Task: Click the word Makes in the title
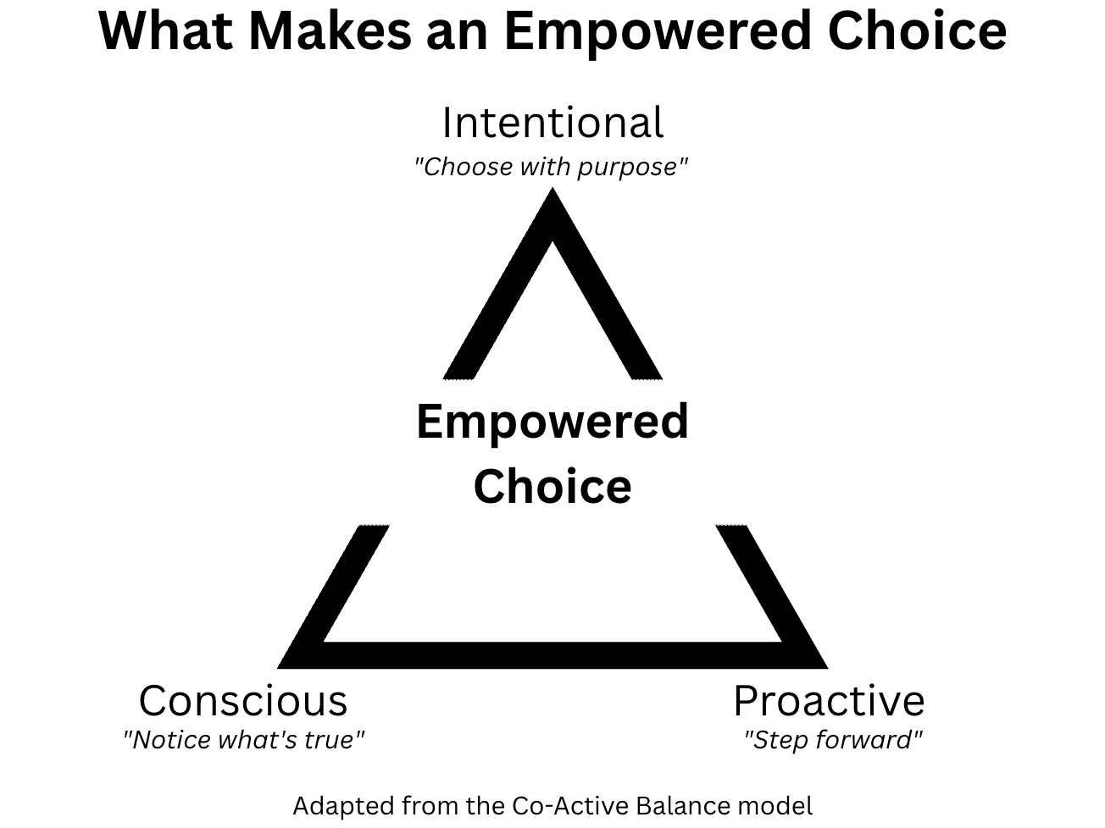(x=330, y=31)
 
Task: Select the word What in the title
(x=165, y=31)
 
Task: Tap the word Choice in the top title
(x=917, y=31)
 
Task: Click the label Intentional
(x=552, y=122)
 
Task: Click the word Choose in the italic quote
(x=468, y=167)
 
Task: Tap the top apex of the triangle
(x=552, y=189)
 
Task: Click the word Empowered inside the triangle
(x=552, y=423)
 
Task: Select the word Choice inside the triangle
(x=552, y=486)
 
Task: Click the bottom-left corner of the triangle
(x=279, y=668)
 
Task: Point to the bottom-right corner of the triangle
(x=827, y=668)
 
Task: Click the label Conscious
(x=243, y=700)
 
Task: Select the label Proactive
(x=829, y=700)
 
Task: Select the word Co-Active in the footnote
(x=571, y=805)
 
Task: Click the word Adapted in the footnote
(x=345, y=807)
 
